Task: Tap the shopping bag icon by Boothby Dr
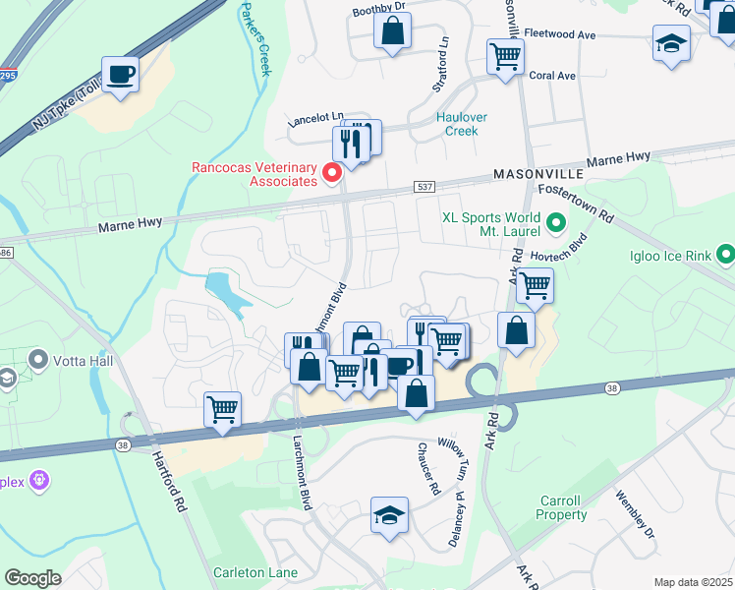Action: (392, 29)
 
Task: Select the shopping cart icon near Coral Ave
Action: (505, 56)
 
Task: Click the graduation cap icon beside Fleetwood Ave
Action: (671, 44)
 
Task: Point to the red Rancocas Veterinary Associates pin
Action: (332, 174)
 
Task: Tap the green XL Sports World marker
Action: (555, 223)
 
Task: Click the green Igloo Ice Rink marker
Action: (725, 254)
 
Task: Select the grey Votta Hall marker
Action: (39, 358)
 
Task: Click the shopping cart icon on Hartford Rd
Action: (222, 408)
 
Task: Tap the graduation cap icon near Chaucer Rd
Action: (390, 514)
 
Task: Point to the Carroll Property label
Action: (562, 507)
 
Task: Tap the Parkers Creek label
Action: (253, 39)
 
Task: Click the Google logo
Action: (32, 578)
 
